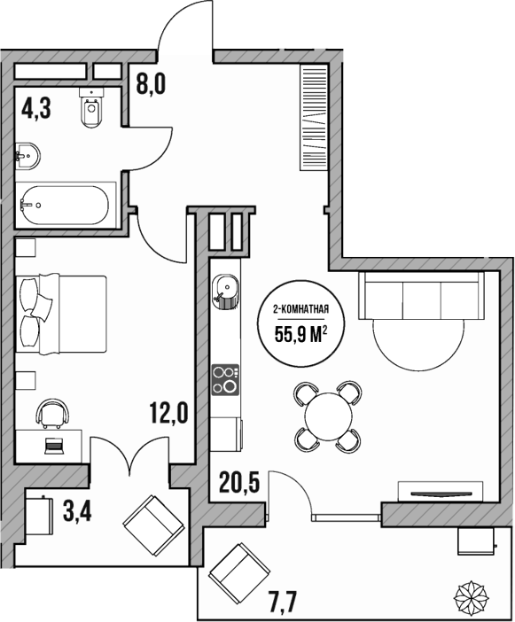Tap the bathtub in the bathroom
point(65,205)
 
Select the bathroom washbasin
point(27,157)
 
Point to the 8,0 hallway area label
point(151,86)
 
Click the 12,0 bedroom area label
point(168,413)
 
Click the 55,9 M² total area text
point(300,335)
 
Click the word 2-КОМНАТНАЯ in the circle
point(300,310)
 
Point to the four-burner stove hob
point(225,380)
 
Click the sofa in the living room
point(422,296)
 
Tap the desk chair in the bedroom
point(52,412)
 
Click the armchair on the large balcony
point(235,571)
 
